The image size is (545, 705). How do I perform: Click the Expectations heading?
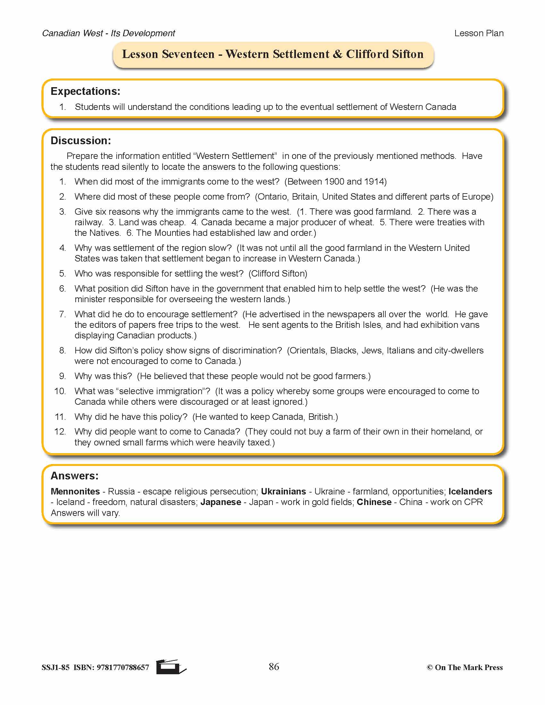(85, 91)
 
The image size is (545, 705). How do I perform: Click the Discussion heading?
(81, 141)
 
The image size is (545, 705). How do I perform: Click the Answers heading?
(75, 476)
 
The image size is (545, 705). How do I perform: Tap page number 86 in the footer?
(274, 667)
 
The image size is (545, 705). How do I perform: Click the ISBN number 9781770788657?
(123, 668)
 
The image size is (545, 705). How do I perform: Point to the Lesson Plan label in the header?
(479, 33)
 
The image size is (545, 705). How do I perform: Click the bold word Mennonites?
(75, 491)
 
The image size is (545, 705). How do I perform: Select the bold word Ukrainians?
(283, 491)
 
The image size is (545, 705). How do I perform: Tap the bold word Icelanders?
(470, 491)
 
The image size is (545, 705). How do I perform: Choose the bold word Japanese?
(221, 502)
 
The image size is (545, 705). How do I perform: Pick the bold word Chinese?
(374, 502)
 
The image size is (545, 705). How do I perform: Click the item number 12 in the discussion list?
(60, 432)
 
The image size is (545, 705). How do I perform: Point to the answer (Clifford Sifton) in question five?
(278, 274)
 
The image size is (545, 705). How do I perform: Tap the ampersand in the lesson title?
(337, 54)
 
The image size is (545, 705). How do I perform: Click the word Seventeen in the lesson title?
(188, 54)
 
